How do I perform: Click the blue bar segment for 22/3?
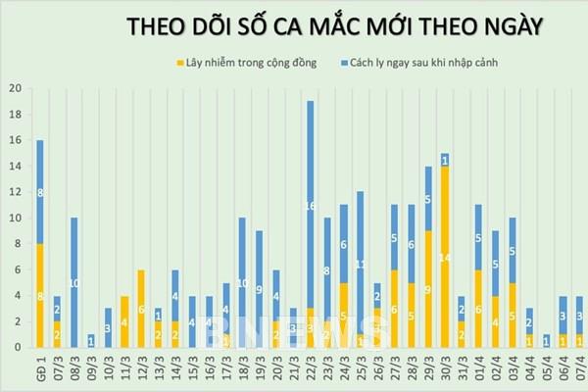[x=311, y=205]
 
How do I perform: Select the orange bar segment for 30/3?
[x=444, y=256]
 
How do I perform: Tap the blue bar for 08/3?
[x=73, y=281]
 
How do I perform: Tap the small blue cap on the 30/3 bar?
[x=444, y=159]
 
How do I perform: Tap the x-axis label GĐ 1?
[x=40, y=367]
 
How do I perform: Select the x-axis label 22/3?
[x=311, y=367]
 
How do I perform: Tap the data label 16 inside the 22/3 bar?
[x=311, y=206]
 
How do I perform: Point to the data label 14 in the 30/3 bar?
[x=444, y=257]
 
